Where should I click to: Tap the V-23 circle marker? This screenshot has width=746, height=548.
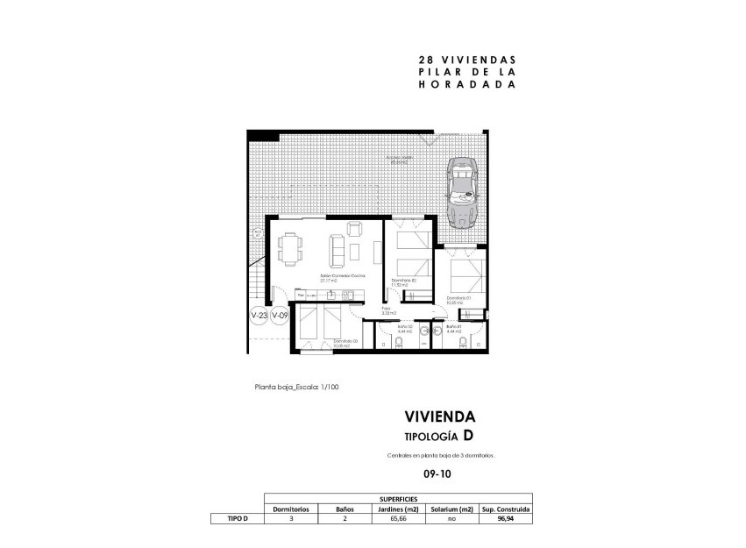point(259,316)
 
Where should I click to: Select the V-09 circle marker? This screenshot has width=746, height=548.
point(280,316)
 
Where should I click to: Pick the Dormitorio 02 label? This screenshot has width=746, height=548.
point(402,281)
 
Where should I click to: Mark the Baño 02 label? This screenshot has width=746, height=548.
point(404,329)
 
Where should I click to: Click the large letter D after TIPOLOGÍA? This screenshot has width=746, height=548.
point(470,436)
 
